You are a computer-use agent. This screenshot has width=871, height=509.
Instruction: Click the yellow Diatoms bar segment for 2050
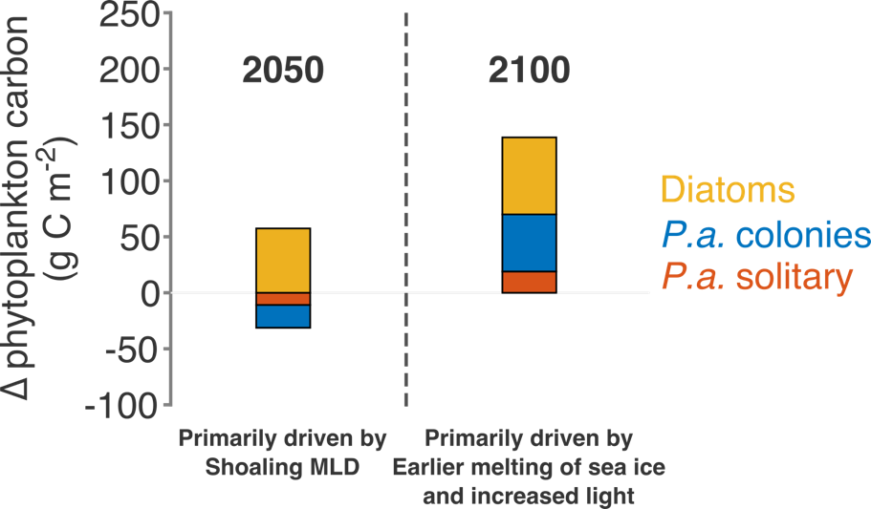pos(283,260)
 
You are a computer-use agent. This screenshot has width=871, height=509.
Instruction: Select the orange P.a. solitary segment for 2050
pos(283,299)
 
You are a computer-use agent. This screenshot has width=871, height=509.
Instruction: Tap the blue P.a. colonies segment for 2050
pos(283,316)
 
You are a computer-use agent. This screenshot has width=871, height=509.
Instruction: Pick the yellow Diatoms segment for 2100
pos(529,176)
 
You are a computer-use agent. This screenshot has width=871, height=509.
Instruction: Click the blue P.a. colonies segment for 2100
pos(529,243)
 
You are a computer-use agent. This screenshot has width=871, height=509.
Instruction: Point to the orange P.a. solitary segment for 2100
pos(529,282)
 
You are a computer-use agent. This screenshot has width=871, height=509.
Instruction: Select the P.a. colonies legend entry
pos(765,235)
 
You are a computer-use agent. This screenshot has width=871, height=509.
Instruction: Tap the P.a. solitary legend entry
pos(755,277)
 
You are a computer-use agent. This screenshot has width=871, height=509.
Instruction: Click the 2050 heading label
pos(283,70)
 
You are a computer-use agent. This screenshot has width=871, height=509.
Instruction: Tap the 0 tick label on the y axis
pos(148,293)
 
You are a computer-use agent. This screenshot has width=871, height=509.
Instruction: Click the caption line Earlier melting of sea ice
pos(529,468)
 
